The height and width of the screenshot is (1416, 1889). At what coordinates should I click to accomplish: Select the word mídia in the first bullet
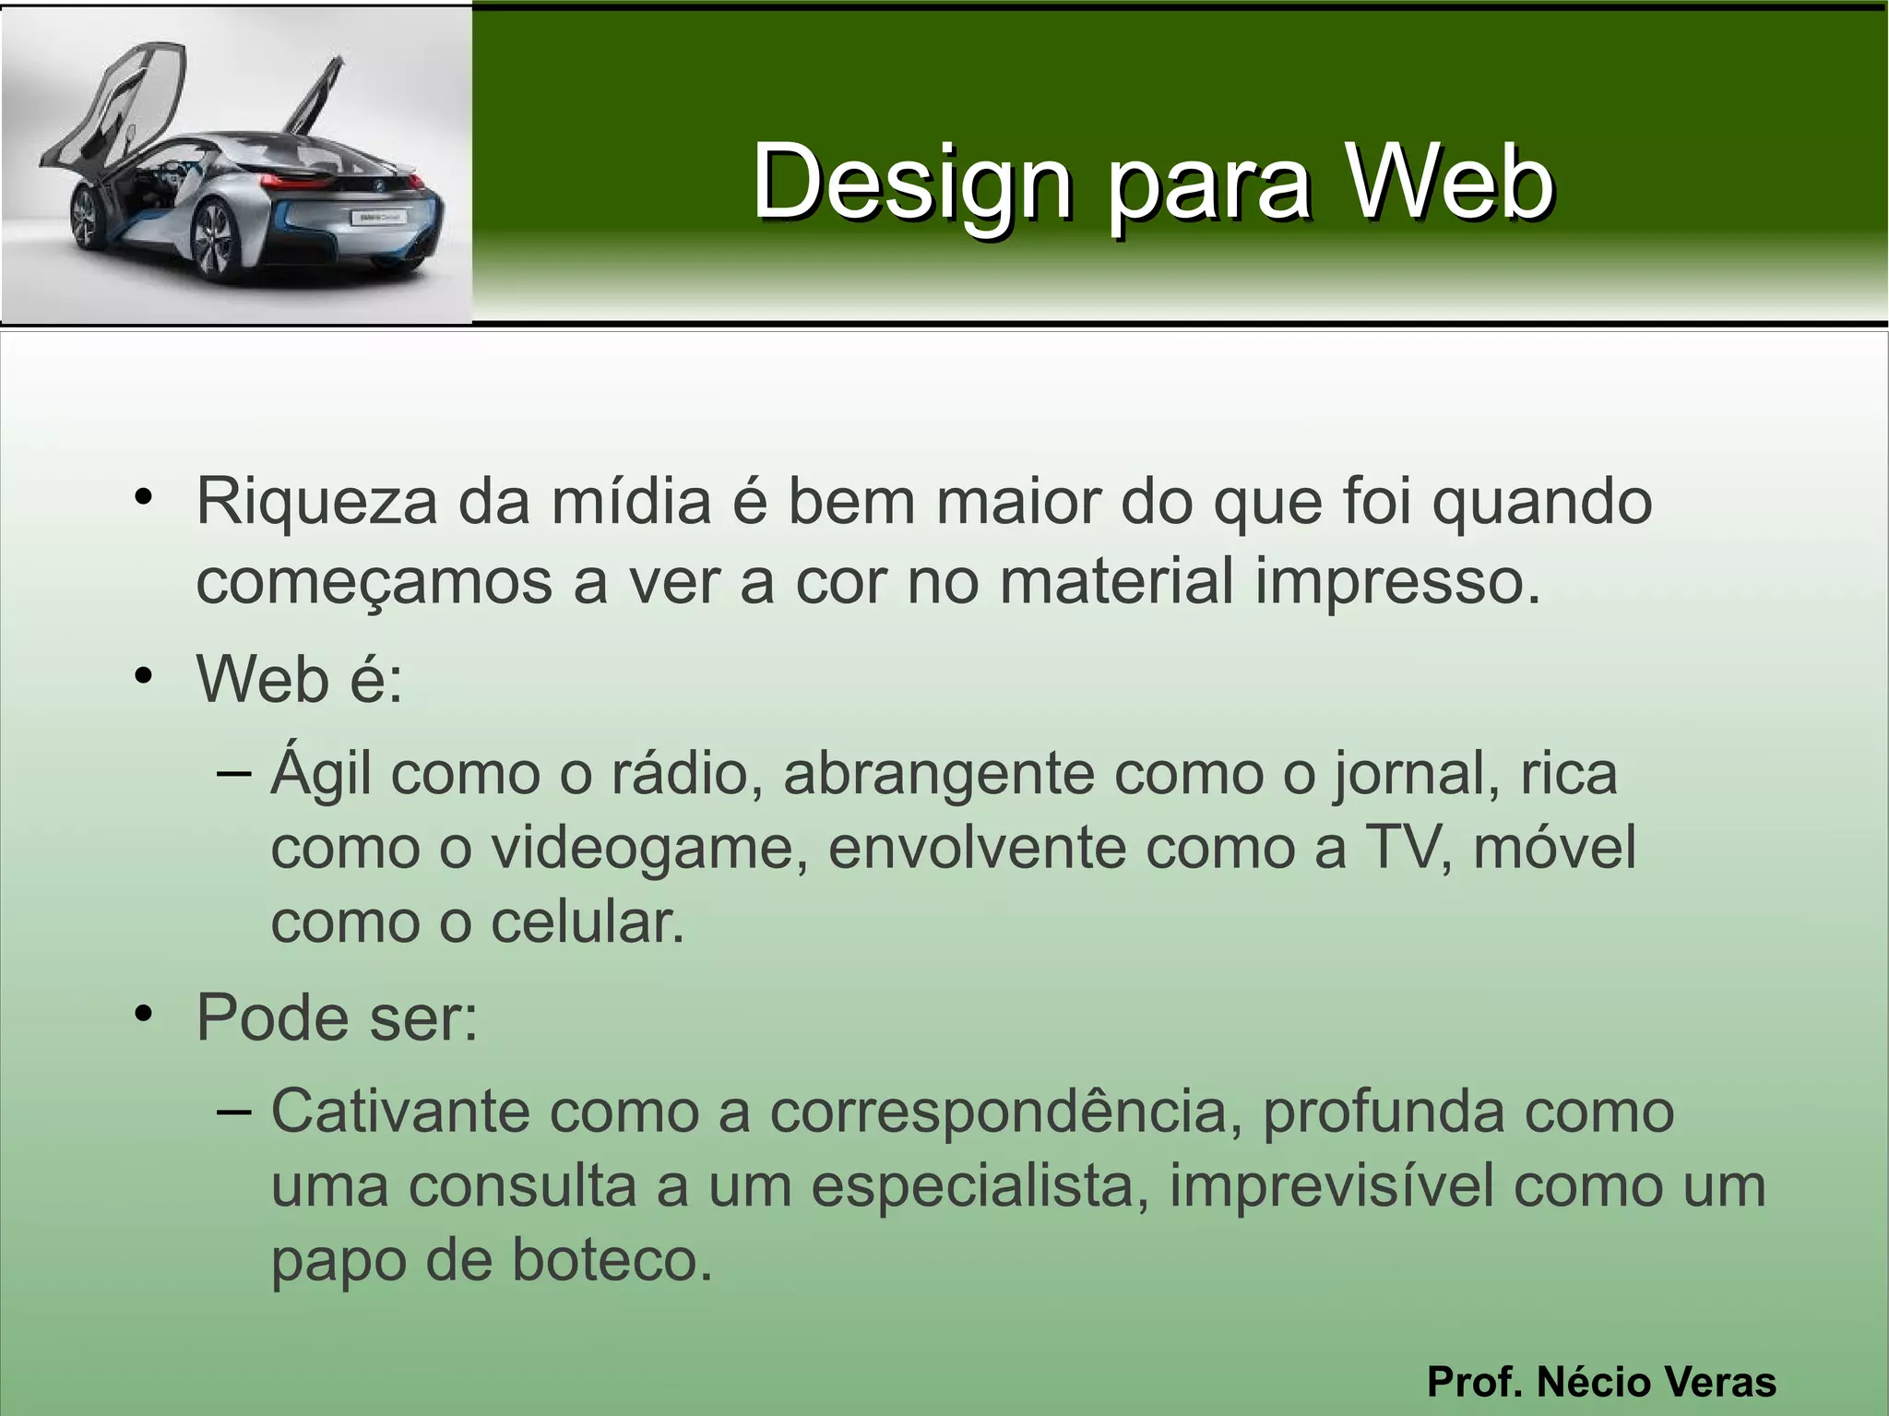[631, 503]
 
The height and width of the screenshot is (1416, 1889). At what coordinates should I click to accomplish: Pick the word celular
[588, 922]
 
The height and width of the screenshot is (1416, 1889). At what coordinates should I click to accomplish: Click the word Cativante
[400, 1111]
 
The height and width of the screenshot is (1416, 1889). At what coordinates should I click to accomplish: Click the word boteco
[612, 1261]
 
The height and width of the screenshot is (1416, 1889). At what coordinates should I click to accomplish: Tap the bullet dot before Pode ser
[142, 1016]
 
